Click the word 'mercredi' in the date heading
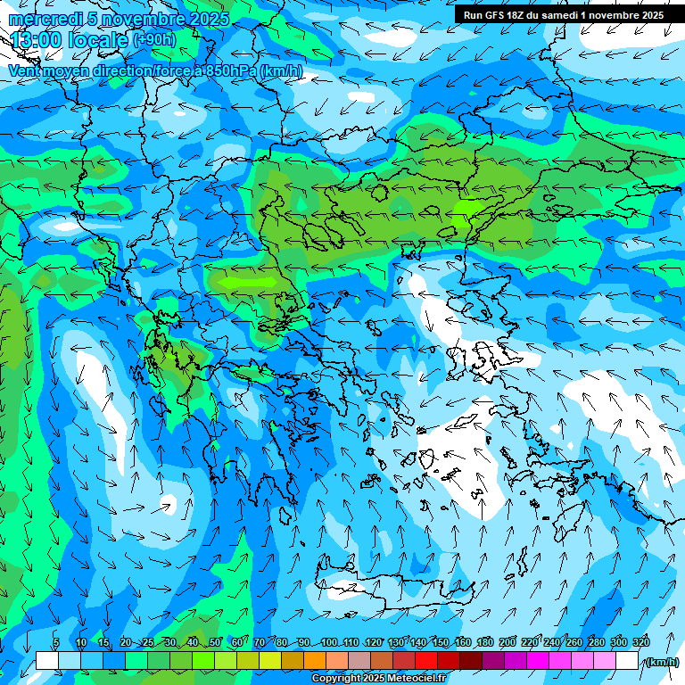tap(45, 19)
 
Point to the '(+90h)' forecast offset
tap(154, 39)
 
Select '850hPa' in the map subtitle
tap(230, 70)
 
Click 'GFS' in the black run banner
tap(494, 15)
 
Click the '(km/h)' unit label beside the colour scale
tap(661, 662)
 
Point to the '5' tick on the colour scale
tap(56, 643)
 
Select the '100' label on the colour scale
tap(328, 643)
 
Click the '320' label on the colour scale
tap(640, 643)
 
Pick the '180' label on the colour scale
tap(484, 643)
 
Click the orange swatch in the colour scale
tap(315, 661)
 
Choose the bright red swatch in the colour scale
tap(426, 661)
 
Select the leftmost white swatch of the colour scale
tap(47, 661)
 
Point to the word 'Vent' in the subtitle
tap(25, 70)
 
